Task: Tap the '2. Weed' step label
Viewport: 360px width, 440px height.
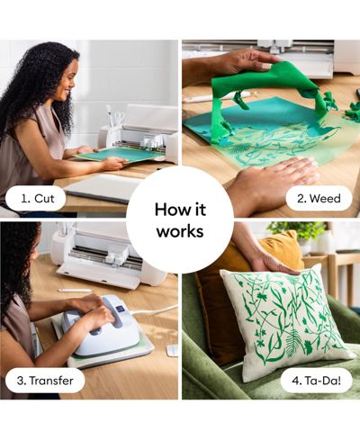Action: (x=319, y=198)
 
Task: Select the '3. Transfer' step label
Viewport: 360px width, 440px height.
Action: (x=45, y=381)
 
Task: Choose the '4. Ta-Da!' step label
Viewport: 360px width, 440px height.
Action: (x=316, y=381)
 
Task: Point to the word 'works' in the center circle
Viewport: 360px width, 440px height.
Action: (x=180, y=231)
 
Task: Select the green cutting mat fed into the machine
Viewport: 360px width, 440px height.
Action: (x=120, y=154)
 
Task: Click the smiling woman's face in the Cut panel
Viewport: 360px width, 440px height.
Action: (x=68, y=81)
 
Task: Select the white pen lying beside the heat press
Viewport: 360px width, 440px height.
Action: (x=75, y=291)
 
